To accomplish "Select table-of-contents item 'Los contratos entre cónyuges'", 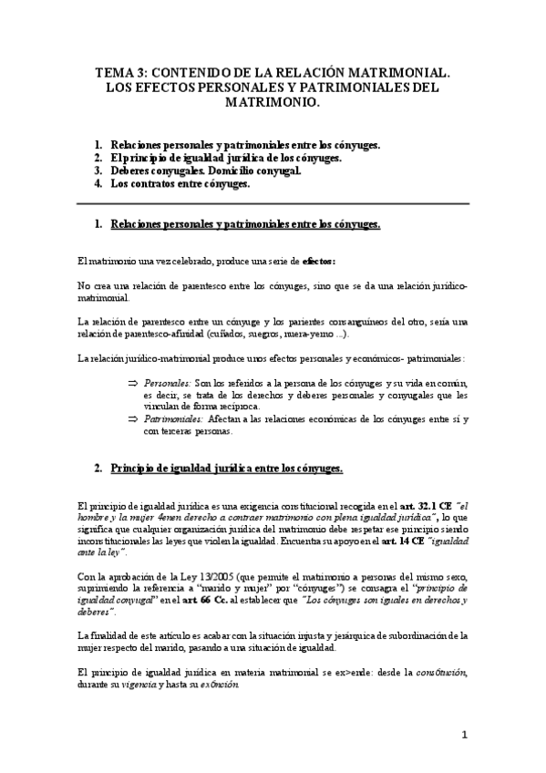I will [180, 183].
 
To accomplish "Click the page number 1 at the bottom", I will [464, 736].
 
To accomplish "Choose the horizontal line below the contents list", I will [273, 203].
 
